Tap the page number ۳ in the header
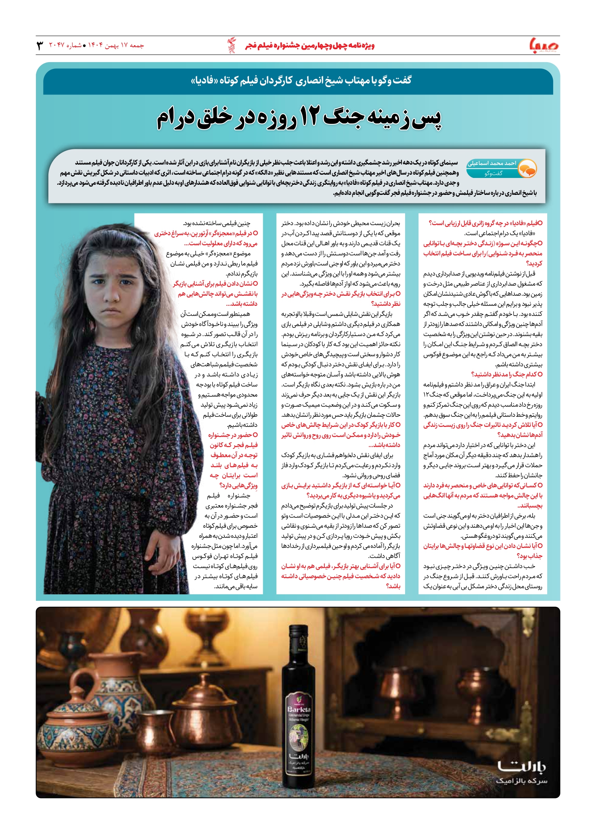coord(40,45)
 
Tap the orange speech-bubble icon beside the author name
coord(527,168)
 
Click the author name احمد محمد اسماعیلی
coord(492,163)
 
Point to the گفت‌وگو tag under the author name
coord(493,173)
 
